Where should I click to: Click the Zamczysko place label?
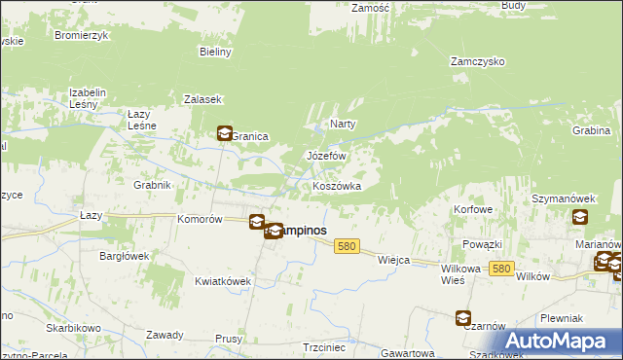pos(477,60)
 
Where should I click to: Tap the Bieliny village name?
pos(215,52)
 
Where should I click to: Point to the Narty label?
pos(343,124)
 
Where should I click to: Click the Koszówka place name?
pos(337,186)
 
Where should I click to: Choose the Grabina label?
pos(591,130)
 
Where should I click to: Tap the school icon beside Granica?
pos(224,134)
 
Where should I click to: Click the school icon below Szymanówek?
pos(580,218)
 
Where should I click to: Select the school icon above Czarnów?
pos(462,317)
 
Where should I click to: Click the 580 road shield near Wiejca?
pos(346,248)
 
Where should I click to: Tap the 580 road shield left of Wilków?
pos(501,269)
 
